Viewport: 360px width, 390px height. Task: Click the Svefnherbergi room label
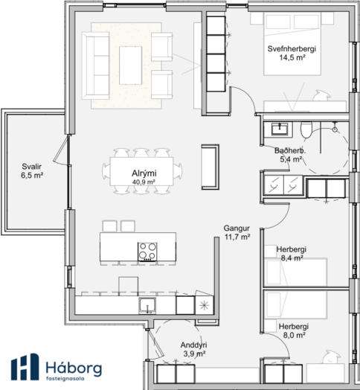(x=292, y=53)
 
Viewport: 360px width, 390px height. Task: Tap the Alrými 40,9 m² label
(x=144, y=177)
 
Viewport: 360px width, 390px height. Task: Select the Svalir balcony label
(x=32, y=170)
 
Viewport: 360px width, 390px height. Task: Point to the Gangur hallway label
(x=237, y=232)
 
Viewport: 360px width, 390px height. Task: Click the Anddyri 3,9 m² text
(x=194, y=349)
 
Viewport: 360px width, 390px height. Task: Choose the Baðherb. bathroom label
(x=290, y=155)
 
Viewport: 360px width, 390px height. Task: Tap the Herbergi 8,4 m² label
(x=292, y=254)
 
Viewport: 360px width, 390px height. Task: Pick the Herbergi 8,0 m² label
(x=294, y=330)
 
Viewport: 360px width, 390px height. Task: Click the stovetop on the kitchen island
(x=147, y=252)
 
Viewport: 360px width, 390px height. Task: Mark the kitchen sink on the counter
(x=147, y=305)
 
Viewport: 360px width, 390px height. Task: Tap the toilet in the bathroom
(x=306, y=130)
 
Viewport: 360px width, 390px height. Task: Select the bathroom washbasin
(x=280, y=130)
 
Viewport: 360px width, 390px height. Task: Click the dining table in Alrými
(x=142, y=171)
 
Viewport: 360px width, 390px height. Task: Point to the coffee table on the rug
(x=130, y=65)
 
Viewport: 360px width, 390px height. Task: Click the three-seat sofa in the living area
(x=95, y=65)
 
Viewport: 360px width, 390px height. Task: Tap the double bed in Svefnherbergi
(x=292, y=44)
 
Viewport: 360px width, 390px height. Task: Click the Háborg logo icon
(x=25, y=367)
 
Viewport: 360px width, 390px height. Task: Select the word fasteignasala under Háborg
(x=65, y=379)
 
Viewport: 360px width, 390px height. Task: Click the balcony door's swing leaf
(x=60, y=149)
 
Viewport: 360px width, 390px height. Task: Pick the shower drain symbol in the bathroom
(x=335, y=130)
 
